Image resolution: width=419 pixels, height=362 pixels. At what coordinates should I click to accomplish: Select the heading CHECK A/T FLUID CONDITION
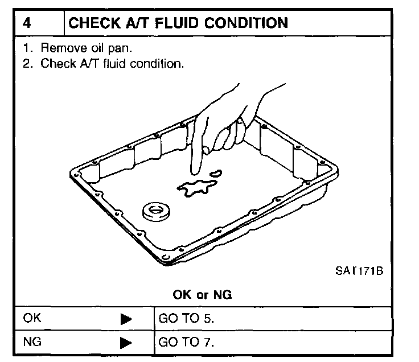(178, 23)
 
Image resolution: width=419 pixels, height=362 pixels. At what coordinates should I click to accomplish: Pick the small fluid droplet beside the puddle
(216, 173)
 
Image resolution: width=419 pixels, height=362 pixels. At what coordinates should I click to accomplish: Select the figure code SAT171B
(359, 270)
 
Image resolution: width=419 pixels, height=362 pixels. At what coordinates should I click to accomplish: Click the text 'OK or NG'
(203, 295)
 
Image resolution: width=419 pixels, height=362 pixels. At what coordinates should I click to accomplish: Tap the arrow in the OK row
(126, 319)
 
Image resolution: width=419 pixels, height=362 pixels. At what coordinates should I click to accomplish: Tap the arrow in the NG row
(126, 343)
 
